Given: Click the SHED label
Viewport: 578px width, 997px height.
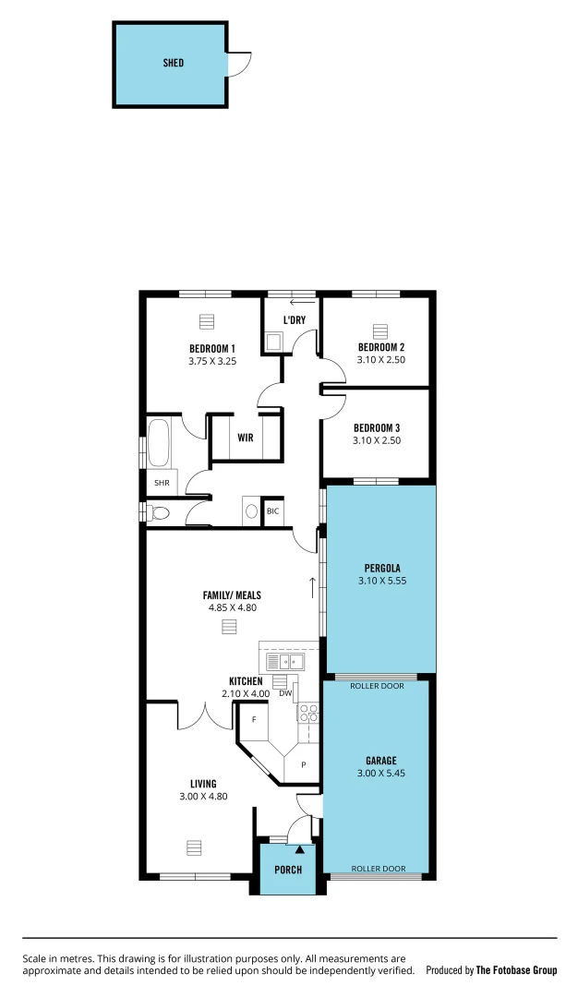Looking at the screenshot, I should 173,63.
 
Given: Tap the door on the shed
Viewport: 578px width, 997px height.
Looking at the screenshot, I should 237,63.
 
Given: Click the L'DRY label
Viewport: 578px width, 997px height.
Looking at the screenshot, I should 294,320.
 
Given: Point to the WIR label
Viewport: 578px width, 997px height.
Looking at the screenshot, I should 246,438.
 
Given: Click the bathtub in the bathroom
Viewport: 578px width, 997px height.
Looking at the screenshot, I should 160,443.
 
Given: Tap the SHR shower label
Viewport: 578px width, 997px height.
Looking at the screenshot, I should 161,483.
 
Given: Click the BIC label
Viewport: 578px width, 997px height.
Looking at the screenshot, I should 272,511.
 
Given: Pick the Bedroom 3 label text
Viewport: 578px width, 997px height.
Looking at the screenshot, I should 377,427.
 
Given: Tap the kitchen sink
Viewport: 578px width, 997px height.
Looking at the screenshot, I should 285,661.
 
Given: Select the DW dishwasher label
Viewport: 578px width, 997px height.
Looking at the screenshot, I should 285,693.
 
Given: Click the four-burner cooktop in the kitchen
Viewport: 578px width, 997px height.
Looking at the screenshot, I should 307,712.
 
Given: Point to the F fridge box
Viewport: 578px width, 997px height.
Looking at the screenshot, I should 253,717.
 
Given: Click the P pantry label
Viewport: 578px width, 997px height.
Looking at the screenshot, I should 302,764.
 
